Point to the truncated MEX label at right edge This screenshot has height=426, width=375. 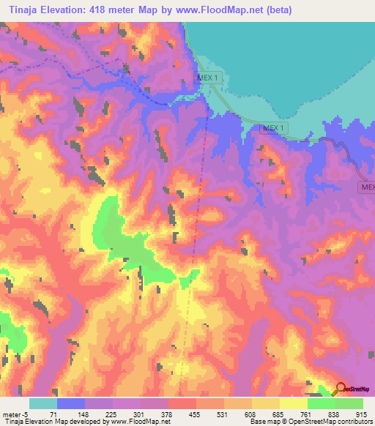[366, 187]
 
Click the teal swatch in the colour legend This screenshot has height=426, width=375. [43, 403]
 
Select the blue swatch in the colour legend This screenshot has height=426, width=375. [71, 403]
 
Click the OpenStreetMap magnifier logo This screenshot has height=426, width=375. [341, 389]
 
